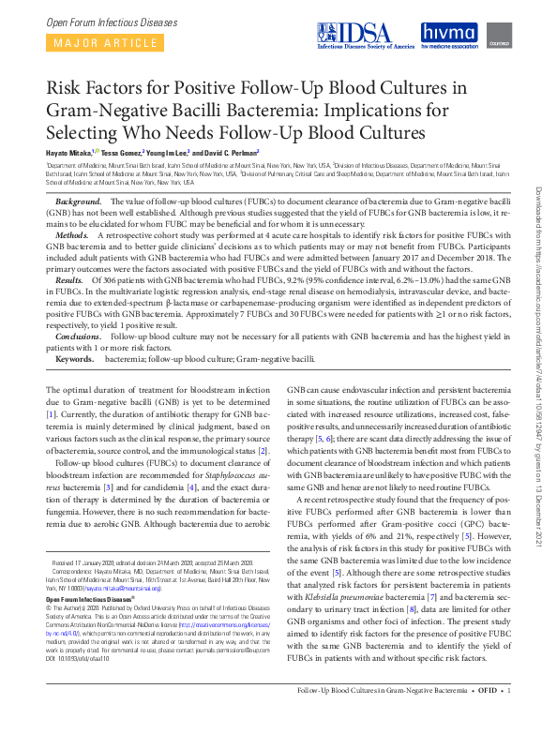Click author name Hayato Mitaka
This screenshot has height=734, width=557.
71,152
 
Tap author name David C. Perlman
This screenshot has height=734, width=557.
231,152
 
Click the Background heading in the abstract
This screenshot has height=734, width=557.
79,202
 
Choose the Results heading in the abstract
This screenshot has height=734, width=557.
72,279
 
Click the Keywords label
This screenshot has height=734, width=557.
75,358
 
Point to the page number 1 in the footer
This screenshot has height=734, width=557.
508,717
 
